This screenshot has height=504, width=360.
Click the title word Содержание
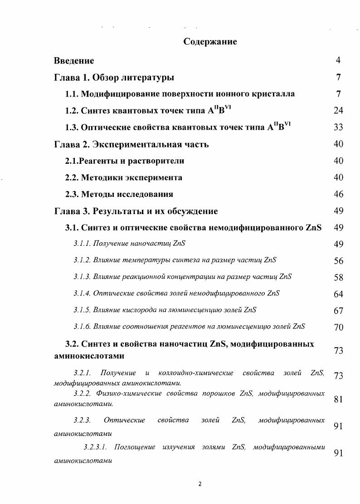(210, 42)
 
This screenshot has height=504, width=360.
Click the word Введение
(74, 61)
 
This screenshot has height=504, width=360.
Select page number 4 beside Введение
(338, 60)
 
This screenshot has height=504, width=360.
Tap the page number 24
(338, 110)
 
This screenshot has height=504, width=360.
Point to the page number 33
(338, 127)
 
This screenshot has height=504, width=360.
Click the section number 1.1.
(73, 94)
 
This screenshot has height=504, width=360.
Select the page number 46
(338, 194)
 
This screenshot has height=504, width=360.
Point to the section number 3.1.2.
(82, 260)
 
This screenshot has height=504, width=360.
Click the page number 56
(338, 261)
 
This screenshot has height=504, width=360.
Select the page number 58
(338, 278)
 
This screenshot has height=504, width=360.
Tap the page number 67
(338, 311)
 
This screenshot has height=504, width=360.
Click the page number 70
(338, 327)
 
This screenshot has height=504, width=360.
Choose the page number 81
(338, 399)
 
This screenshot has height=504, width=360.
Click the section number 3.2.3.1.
(95, 448)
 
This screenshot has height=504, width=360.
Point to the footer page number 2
(200, 484)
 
